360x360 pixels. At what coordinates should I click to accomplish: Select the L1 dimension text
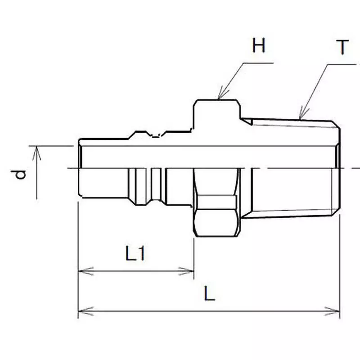coord(135,255)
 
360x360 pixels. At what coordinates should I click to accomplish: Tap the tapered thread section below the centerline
coord(292,191)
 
